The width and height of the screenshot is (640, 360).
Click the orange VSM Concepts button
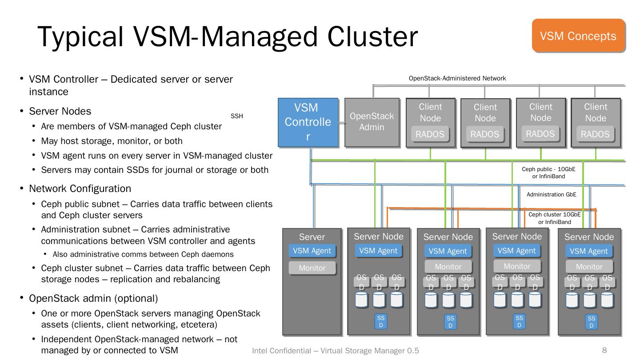coord(578,36)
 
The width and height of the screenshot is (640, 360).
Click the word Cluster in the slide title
coord(373,36)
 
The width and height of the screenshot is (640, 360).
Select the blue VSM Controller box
coord(308,122)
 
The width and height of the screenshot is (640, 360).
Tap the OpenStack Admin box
coord(372,122)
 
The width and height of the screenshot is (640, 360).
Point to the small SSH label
coord(237,116)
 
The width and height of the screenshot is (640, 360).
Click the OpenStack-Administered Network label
coord(457,78)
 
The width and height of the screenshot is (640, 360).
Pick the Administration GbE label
coord(551,194)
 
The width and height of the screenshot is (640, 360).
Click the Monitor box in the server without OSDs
coord(312,268)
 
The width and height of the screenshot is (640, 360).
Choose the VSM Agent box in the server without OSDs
coord(312,251)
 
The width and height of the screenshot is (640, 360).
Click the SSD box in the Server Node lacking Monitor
coord(381,321)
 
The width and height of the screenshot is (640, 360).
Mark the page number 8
coord(604,350)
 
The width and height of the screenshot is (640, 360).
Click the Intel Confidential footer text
coord(335,351)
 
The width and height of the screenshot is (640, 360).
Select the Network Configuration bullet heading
coord(80,188)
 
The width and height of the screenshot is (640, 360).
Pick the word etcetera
coord(197,324)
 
